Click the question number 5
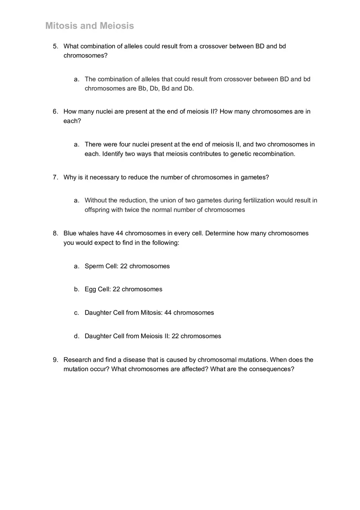click(x=55, y=46)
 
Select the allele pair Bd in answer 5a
click(x=166, y=88)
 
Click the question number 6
click(x=55, y=112)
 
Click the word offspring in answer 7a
click(x=97, y=210)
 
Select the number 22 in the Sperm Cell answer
click(x=124, y=266)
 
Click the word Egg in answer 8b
click(x=90, y=289)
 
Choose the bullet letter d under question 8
click(x=76, y=336)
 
